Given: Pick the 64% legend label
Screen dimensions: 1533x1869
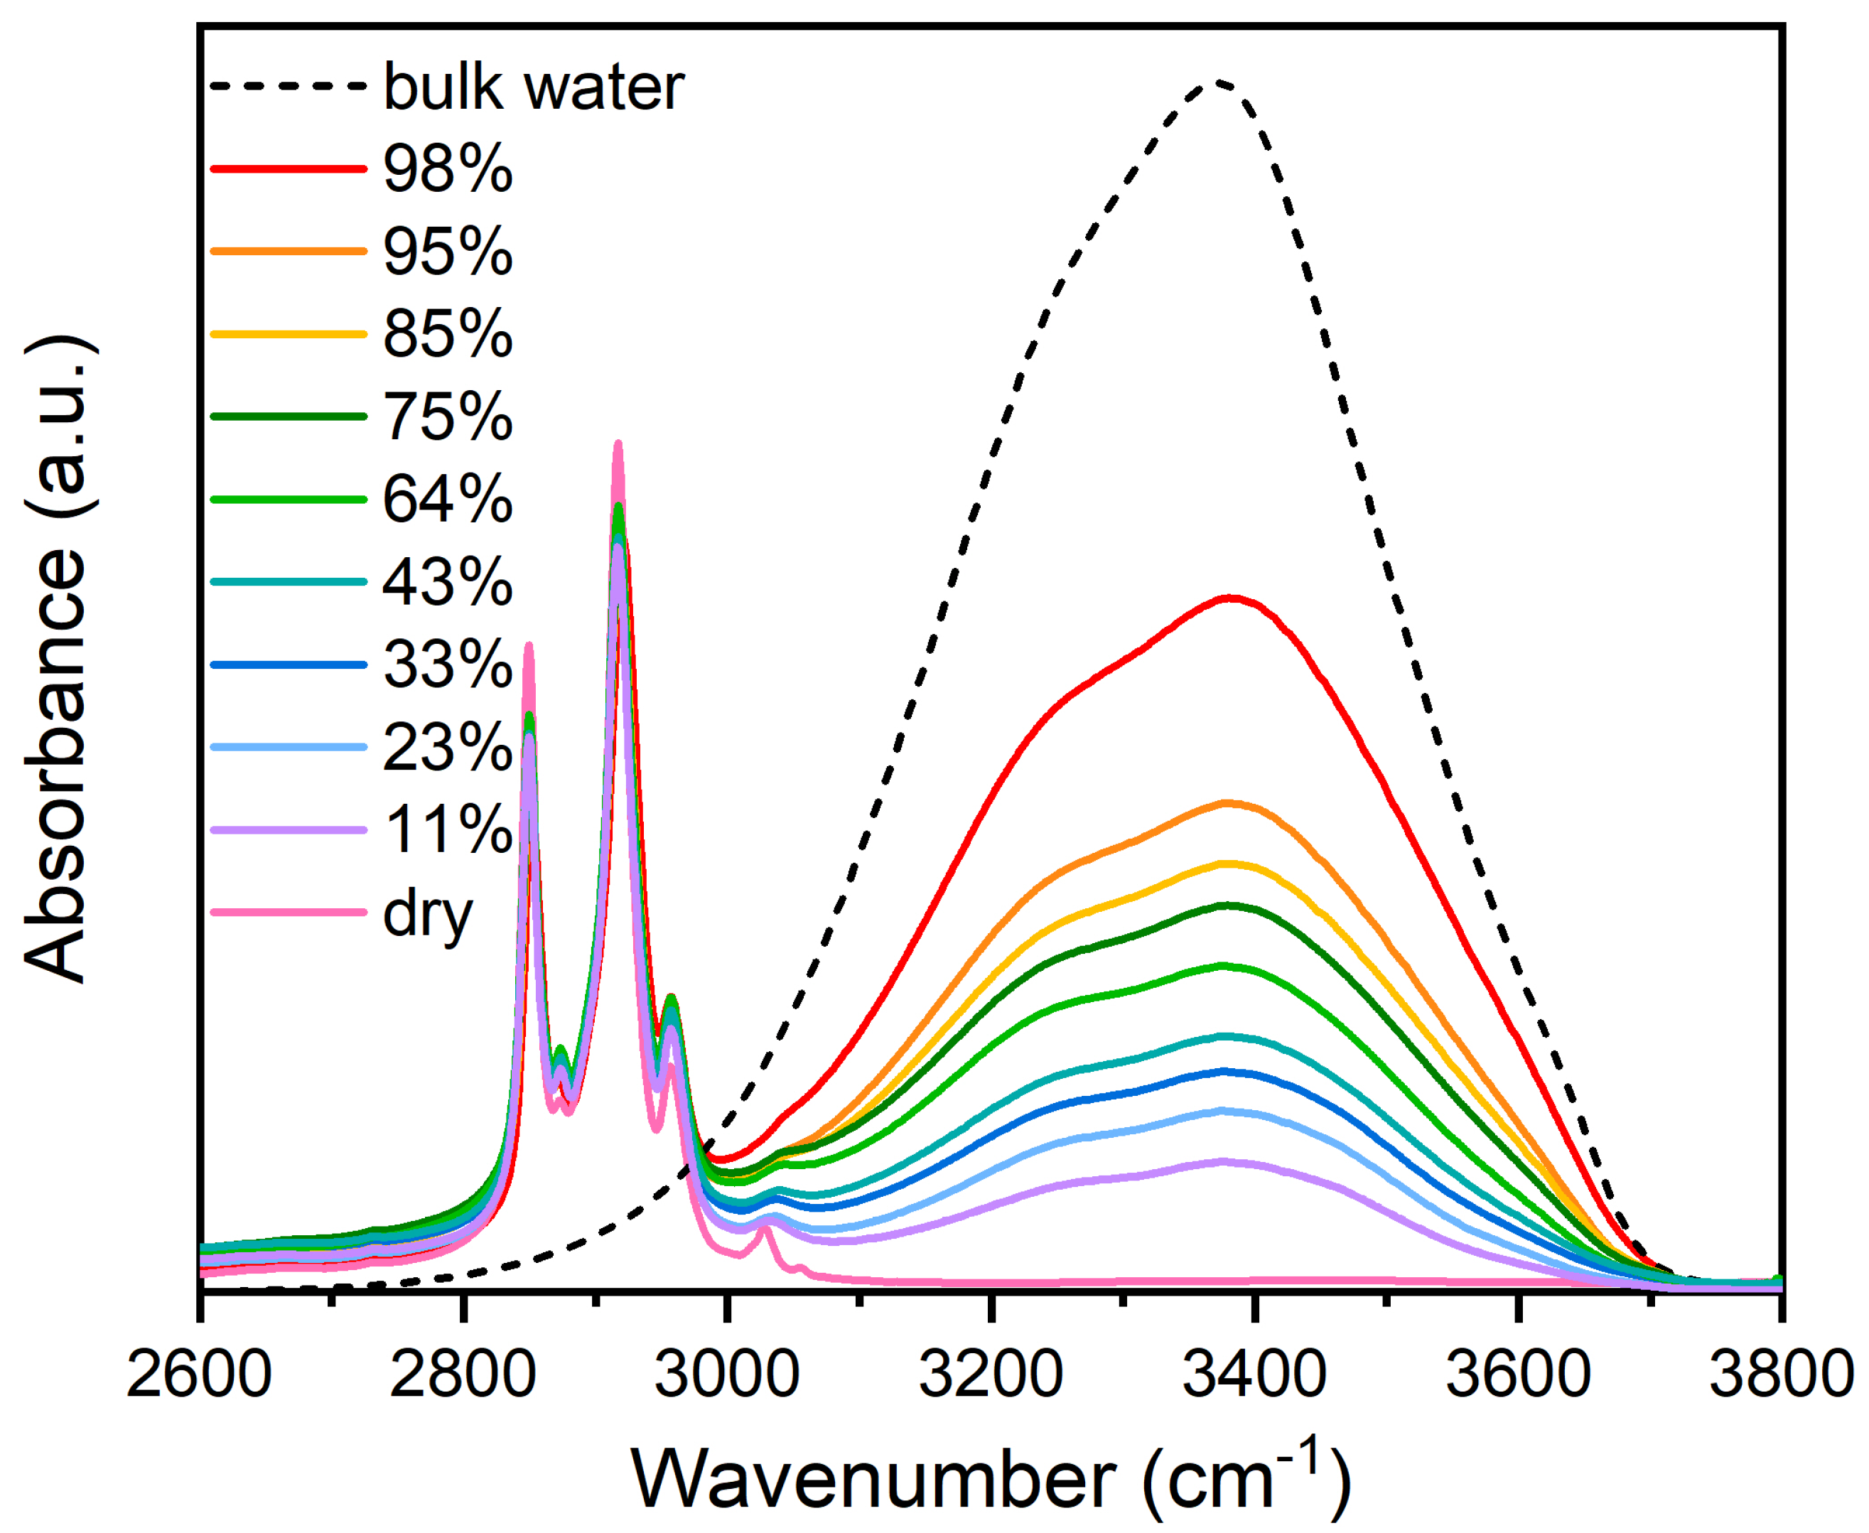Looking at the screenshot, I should click(448, 499).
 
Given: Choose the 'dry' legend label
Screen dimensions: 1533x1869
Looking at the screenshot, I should click(429, 914).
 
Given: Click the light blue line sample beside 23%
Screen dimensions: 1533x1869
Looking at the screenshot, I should click(289, 747).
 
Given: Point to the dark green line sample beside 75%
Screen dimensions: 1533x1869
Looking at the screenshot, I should click(289, 416).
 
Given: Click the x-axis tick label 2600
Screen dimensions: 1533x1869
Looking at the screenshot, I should click(199, 1375).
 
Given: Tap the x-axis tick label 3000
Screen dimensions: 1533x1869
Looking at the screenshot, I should click(726, 1375).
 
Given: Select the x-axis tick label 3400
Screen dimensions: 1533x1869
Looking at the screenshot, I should click(1254, 1375).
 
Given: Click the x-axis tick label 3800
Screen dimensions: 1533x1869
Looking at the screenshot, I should click(1781, 1375).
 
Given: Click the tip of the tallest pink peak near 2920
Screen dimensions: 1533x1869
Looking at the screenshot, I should click(618, 443).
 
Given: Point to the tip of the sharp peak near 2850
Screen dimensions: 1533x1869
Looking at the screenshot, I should click(529, 645).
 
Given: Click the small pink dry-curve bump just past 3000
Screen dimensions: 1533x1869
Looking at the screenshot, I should click(765, 1230).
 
